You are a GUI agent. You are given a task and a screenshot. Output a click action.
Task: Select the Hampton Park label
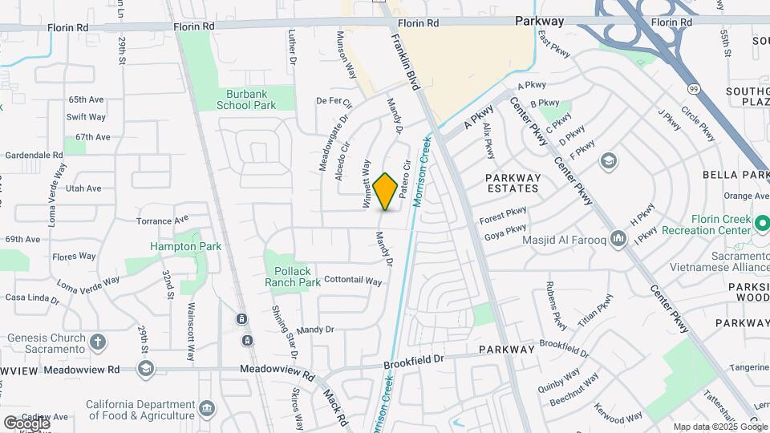coord(185,246)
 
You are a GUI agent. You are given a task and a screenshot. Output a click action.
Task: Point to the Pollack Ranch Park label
coord(292,277)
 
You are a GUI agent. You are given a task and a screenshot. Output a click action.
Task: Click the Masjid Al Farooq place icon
coord(618,239)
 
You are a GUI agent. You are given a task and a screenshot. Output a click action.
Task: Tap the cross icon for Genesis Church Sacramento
coord(98,342)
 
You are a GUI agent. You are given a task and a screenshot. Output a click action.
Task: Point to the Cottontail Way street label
coord(353,281)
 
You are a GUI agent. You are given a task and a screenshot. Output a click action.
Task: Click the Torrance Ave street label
coord(161,220)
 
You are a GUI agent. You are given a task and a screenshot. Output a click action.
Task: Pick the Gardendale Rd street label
coord(34,155)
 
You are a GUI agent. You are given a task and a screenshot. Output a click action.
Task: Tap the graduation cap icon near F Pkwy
coord(609,160)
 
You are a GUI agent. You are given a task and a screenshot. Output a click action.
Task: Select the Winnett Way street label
coord(367,184)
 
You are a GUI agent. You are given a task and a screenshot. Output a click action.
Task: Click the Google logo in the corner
coord(26,422)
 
